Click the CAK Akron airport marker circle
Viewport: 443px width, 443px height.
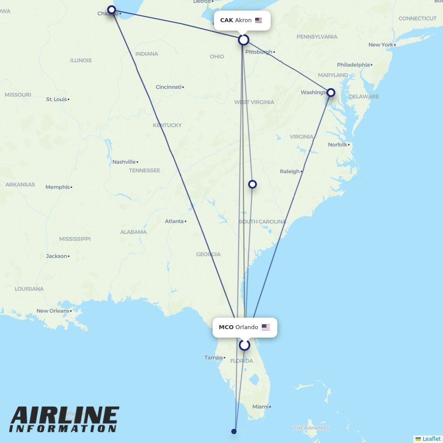coord(244,40)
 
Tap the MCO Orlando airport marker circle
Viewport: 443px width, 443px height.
coord(245,345)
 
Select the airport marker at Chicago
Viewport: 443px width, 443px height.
coord(112,9)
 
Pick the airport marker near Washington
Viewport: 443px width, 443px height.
coord(330,93)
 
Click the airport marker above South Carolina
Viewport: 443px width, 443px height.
coord(252,184)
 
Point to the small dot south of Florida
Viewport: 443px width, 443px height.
coord(234,431)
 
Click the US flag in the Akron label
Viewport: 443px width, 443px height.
coord(259,20)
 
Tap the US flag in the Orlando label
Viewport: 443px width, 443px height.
coord(265,327)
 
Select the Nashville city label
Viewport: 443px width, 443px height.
coord(124,162)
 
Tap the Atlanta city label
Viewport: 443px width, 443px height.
coord(174,221)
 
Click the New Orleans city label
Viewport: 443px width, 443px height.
coord(53,311)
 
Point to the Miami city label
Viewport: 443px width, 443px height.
coord(260,407)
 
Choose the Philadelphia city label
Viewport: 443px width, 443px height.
coord(353,65)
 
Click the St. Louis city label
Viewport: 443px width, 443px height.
coord(56,99)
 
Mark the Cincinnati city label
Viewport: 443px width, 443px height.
coord(168,87)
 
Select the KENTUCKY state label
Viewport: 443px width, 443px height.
coord(167,125)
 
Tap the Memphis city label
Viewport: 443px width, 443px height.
coord(57,187)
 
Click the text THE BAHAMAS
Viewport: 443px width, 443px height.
coord(311,428)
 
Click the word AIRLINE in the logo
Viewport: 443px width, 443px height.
coord(65,416)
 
